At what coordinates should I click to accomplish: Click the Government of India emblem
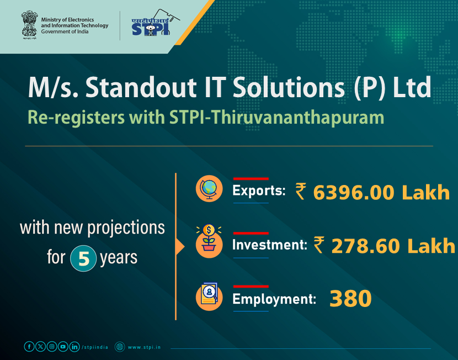pyautogui.click(x=29, y=25)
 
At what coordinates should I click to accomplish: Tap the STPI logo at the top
pyautogui.click(x=150, y=24)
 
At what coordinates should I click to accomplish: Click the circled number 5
pyautogui.click(x=83, y=258)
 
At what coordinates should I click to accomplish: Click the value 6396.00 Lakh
pyautogui.click(x=381, y=192)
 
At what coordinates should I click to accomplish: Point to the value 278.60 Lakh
pyautogui.click(x=393, y=246)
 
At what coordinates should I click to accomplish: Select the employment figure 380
pyautogui.click(x=350, y=299)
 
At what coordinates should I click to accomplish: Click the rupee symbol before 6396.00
pyautogui.click(x=301, y=192)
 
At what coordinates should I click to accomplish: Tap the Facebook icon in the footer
pyautogui.click(x=29, y=347)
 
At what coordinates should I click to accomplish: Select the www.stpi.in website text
pyautogui.click(x=145, y=347)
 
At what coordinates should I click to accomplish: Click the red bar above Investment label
pyautogui.click(x=251, y=233)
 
